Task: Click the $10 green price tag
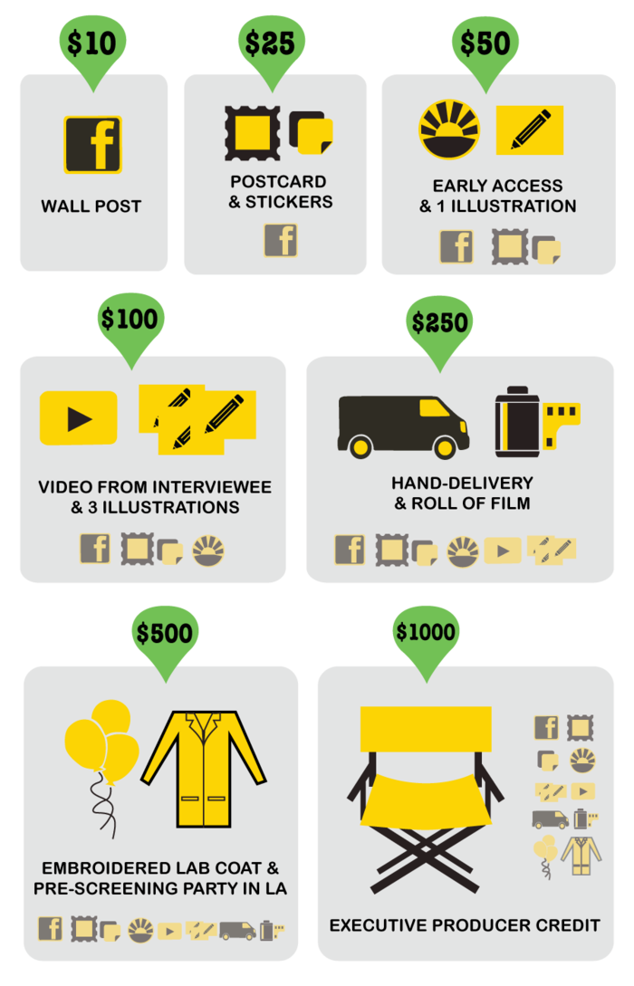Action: coord(92,45)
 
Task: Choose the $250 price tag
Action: coord(439,324)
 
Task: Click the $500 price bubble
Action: coord(164,634)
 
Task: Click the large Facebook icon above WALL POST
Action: coord(92,144)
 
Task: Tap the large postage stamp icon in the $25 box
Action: coord(252,133)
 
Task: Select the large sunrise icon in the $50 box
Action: coord(449,130)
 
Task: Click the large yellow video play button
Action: coord(79,418)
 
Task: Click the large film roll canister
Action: coord(518,423)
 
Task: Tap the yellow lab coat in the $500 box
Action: coord(204,768)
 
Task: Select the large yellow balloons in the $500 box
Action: coord(102,742)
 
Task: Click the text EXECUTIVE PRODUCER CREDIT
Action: coord(465,925)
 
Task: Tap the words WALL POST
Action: coord(91,206)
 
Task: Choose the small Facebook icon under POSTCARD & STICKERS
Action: coord(281,241)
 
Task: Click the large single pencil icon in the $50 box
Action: coord(530,130)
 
